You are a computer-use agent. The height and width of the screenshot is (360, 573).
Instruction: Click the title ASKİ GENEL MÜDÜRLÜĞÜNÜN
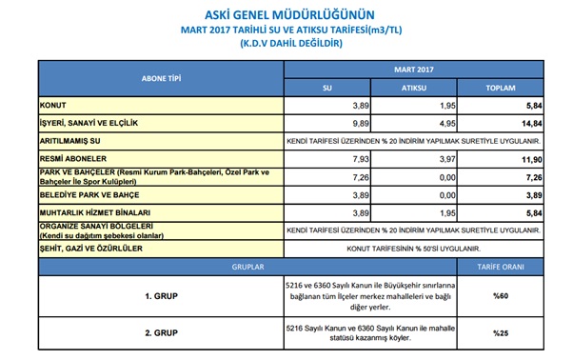[286, 13]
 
